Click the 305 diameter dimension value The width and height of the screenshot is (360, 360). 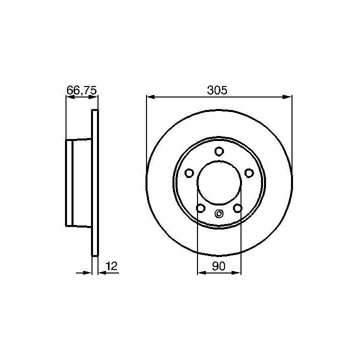[217, 90]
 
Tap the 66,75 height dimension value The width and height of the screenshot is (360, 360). [81, 90]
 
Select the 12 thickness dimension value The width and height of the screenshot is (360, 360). [111, 266]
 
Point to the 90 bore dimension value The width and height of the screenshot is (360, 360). [218, 266]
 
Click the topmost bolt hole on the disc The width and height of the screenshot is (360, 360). [219, 151]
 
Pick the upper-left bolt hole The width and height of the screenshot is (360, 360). [189, 173]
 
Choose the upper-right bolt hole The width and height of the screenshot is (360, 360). [249, 173]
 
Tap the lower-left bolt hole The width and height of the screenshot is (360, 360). [200, 208]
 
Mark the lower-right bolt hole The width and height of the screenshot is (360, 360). [237, 208]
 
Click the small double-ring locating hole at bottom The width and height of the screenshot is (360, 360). [219, 214]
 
